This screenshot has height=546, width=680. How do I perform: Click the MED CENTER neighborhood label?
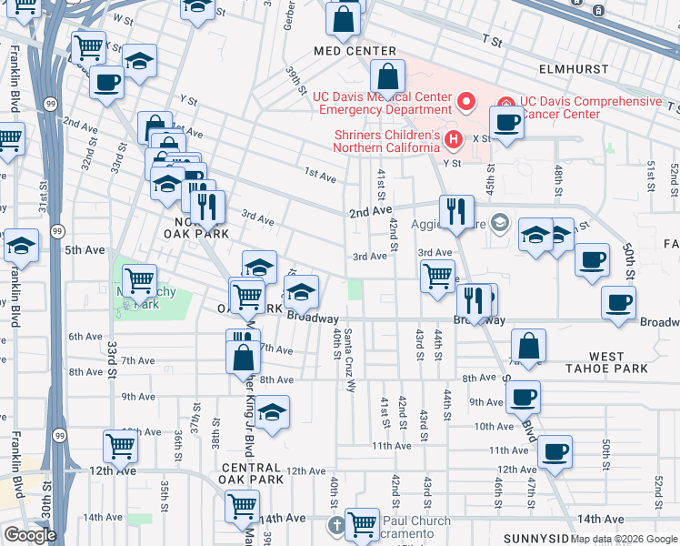(x=355, y=52)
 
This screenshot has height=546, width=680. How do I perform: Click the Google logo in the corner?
(x=30, y=535)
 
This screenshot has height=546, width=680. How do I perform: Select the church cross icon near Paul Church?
(x=335, y=524)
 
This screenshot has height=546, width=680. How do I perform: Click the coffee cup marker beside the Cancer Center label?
(x=506, y=123)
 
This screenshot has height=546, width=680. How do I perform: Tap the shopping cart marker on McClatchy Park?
(x=139, y=281)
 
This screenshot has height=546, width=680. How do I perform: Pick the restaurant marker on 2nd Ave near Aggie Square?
(x=456, y=211)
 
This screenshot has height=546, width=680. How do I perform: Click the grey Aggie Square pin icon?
(x=498, y=223)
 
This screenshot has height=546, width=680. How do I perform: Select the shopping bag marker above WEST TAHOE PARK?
(x=528, y=347)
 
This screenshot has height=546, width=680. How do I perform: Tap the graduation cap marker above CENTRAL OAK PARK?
(x=272, y=412)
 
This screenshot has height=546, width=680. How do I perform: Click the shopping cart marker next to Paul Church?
(x=363, y=523)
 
